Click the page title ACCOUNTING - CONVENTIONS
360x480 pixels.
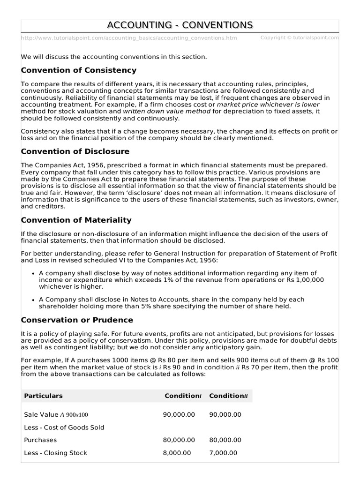point(180,25)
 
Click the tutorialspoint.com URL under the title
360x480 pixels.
point(129,38)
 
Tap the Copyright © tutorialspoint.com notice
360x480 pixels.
point(299,37)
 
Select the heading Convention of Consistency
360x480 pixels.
point(79,70)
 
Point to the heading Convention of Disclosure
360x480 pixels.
point(75,151)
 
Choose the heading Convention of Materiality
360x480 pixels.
point(76,220)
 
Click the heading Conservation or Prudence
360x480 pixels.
point(77,320)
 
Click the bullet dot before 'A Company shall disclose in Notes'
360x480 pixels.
point(33,300)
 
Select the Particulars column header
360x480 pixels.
point(43,396)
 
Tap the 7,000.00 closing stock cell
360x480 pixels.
point(223,453)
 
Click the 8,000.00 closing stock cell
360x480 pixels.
point(177,453)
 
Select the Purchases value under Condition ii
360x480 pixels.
point(225,440)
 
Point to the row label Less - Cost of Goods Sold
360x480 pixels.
point(64,427)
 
